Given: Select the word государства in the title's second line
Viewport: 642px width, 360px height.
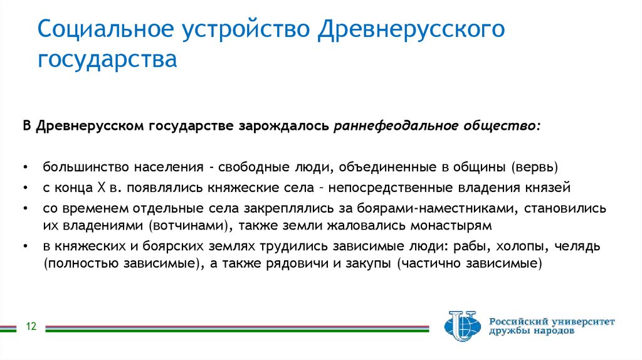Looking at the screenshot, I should pos(107,61).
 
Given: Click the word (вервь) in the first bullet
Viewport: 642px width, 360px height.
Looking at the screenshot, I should pos(534,167).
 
